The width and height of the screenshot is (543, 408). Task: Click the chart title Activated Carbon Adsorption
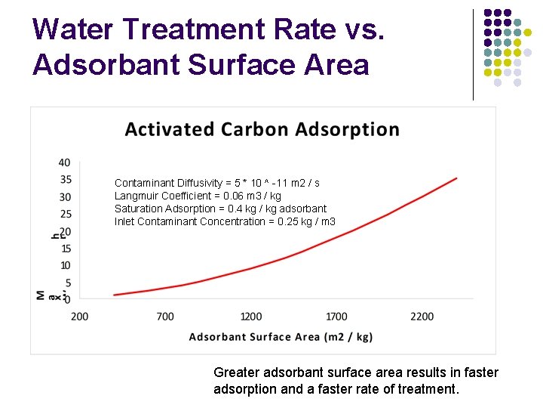pyautogui.click(x=262, y=129)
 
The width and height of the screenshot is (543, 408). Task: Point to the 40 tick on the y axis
pyautogui.click(x=65, y=162)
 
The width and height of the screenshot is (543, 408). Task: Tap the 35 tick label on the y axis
pyautogui.click(x=65, y=180)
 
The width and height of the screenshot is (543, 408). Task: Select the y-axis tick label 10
pyautogui.click(x=65, y=265)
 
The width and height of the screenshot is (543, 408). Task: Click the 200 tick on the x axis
pyautogui.click(x=79, y=316)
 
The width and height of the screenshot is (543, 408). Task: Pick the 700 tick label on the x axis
pyautogui.click(x=165, y=316)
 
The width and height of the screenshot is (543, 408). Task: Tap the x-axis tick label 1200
pyautogui.click(x=251, y=316)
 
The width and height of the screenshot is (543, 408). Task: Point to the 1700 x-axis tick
pyautogui.click(x=337, y=316)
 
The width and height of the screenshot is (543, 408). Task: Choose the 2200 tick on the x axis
pyautogui.click(x=422, y=316)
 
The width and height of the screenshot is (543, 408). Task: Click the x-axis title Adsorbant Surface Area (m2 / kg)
pyautogui.click(x=281, y=337)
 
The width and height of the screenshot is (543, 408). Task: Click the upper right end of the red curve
pyautogui.click(x=456, y=178)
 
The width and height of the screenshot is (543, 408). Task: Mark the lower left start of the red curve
pyautogui.click(x=115, y=295)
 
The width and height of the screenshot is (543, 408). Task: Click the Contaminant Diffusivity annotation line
pyautogui.click(x=216, y=183)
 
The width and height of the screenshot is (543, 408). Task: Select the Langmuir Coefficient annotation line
pyautogui.click(x=198, y=196)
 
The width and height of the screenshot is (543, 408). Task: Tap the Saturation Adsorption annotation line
pyautogui.click(x=220, y=209)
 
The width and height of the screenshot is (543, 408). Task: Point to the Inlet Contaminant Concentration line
pyautogui.click(x=225, y=221)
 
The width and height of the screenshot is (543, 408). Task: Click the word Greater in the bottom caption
pyautogui.click(x=237, y=372)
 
